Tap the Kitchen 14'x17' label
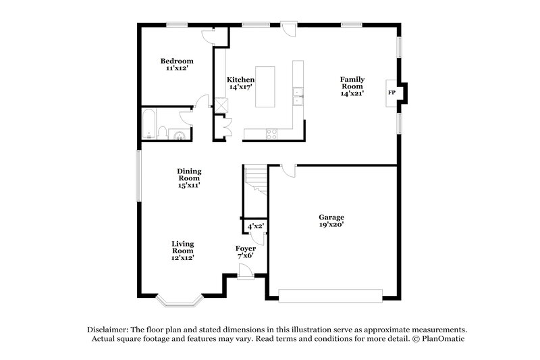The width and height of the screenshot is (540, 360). point(240,83)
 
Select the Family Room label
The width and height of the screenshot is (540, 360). point(352,86)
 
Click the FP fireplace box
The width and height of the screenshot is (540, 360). point(391,93)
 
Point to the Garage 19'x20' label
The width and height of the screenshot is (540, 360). point(331,221)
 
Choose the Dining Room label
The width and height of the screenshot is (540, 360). point(189,178)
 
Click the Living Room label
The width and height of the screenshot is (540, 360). point(182,250)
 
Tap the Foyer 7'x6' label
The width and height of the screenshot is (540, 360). point(245,252)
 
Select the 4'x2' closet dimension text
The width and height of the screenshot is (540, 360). point(256,227)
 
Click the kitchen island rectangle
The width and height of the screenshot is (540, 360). point(265,87)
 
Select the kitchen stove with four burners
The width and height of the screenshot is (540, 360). point(271,134)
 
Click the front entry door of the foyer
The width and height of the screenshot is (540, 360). point(246,272)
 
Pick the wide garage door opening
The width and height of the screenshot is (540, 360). point(331,294)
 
